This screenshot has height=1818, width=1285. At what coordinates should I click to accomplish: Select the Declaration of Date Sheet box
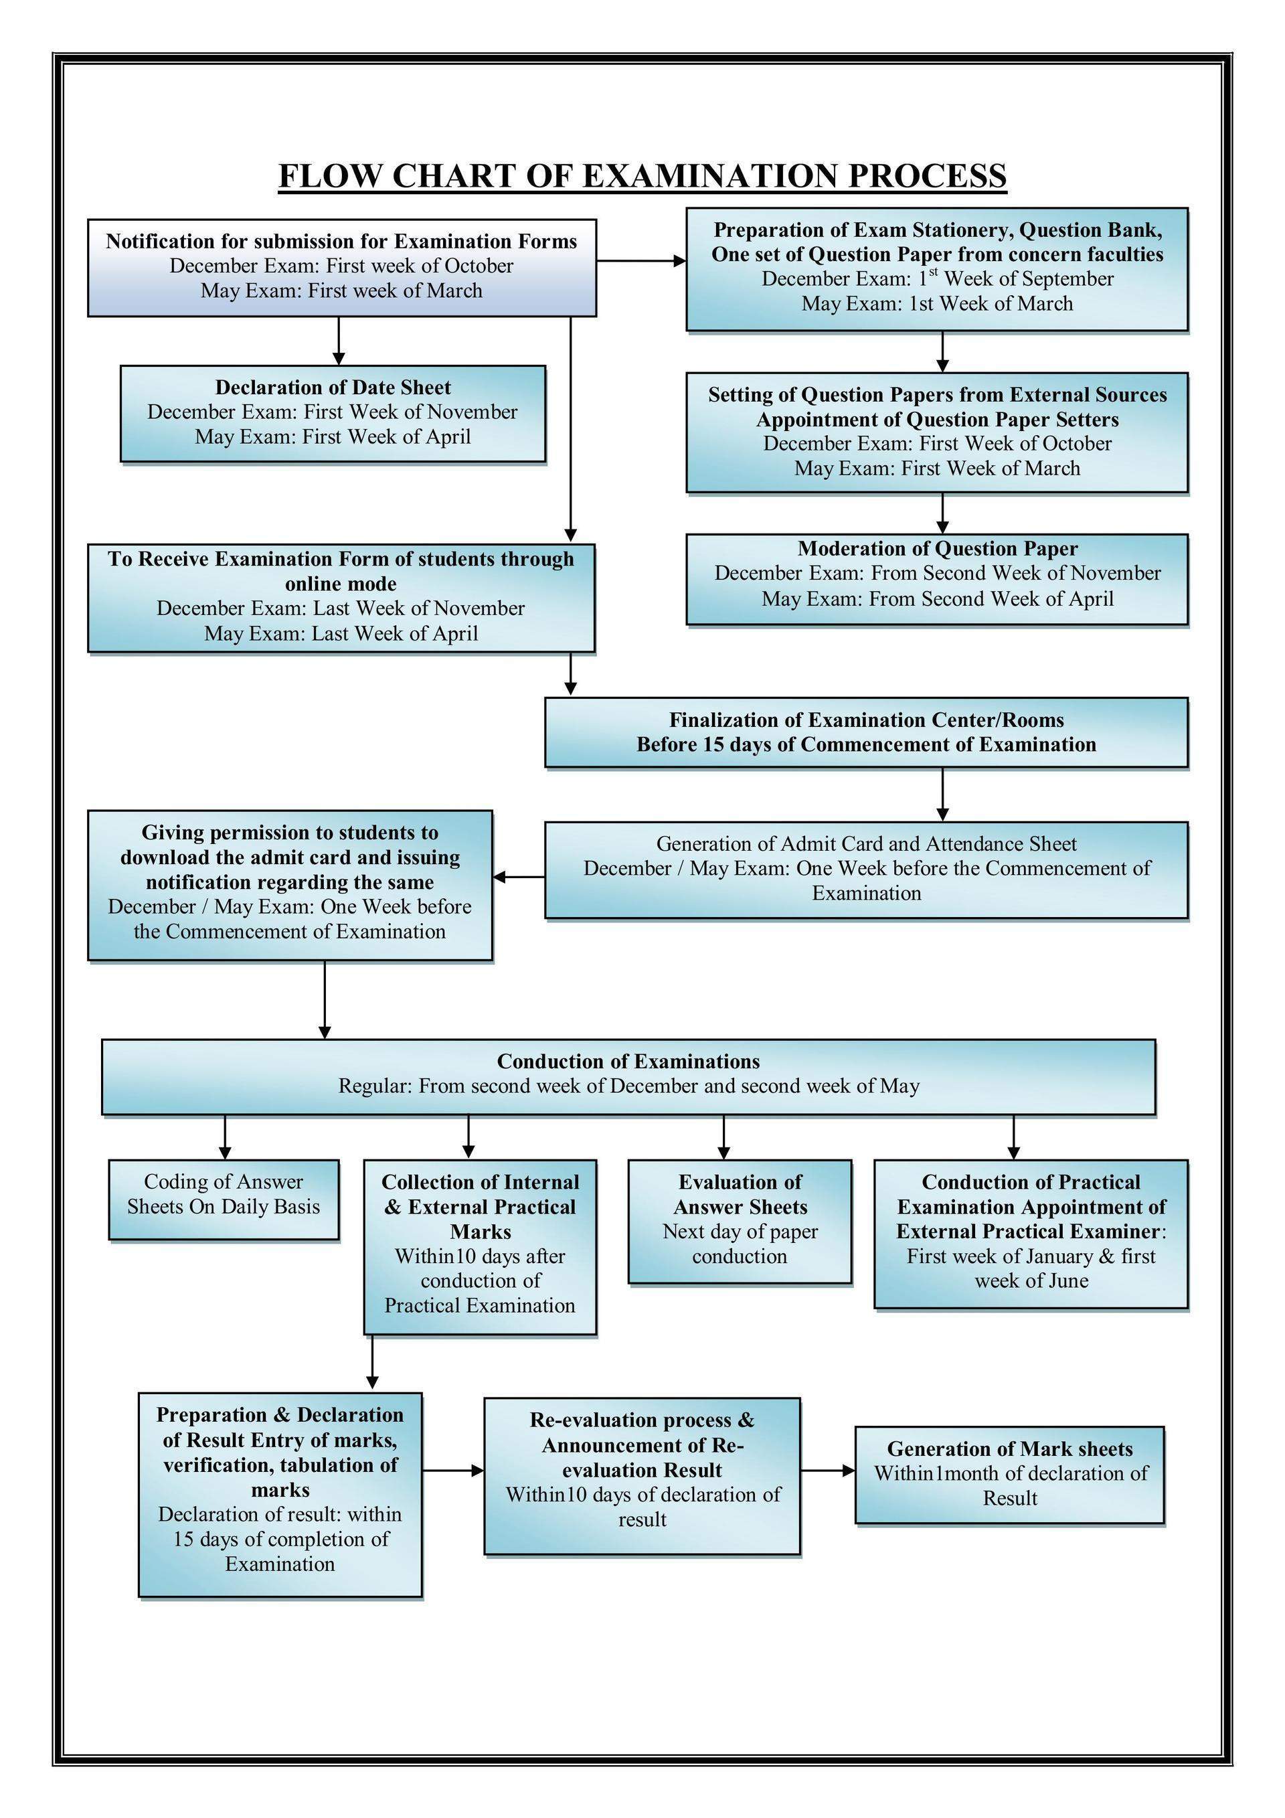(333, 412)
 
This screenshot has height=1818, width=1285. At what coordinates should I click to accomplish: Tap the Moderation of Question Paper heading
(938, 549)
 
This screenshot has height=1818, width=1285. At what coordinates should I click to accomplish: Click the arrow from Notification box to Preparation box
(640, 260)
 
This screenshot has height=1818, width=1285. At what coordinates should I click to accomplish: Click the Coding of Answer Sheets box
(224, 1199)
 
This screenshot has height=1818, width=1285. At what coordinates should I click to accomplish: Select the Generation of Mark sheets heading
(1009, 1449)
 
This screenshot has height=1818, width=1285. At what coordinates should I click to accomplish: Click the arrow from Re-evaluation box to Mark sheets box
(827, 1471)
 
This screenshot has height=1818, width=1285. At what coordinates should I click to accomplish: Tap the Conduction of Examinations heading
(628, 1061)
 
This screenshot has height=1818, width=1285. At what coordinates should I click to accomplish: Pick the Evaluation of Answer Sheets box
(740, 1221)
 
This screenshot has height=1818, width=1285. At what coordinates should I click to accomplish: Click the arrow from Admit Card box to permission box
(519, 877)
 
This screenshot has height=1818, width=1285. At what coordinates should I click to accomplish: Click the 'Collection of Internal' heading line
(480, 1182)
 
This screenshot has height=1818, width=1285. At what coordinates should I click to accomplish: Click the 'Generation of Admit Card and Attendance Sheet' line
(866, 844)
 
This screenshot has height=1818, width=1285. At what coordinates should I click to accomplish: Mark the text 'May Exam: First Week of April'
(333, 437)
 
